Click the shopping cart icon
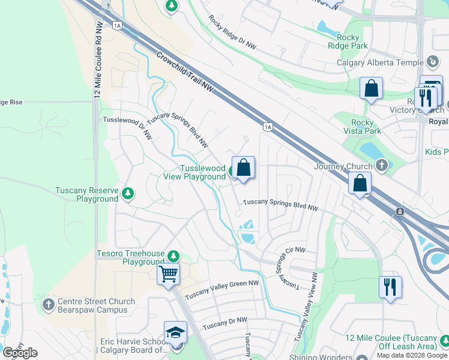(x=169, y=274)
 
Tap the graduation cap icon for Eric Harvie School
(x=175, y=332)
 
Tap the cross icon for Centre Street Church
(x=49, y=305)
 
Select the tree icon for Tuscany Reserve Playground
(x=127, y=193)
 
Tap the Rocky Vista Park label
(x=362, y=127)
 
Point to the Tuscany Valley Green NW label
(x=221, y=292)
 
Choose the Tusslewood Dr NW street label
(x=127, y=127)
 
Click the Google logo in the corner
(x=20, y=353)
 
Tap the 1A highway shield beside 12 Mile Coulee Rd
(x=117, y=25)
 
